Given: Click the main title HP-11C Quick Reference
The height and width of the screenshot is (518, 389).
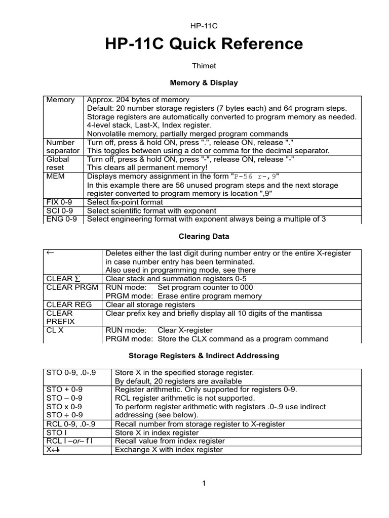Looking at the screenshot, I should tap(204, 45).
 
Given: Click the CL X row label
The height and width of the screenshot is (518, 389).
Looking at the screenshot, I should tap(55, 330).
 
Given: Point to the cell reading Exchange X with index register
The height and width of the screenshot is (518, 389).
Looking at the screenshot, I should tap(169, 450).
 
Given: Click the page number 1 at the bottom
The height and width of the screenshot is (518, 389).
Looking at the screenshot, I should tap(204, 484).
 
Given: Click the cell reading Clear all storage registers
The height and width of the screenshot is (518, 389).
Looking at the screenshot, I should tap(150, 305).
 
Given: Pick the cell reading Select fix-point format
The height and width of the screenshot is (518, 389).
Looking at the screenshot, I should tap(126, 202).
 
